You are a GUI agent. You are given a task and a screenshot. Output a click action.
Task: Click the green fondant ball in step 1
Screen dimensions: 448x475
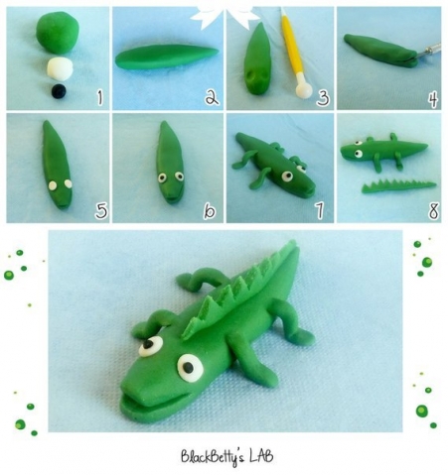pos(58,32)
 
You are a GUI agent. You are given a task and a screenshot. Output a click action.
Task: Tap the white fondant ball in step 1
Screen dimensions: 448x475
pos(60,68)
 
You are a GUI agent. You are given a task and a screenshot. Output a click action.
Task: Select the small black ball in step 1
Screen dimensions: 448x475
pos(59,91)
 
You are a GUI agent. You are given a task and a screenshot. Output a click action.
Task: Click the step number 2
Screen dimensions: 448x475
pos(212,97)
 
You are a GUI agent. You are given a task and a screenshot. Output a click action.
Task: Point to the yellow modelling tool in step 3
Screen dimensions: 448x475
pos(295,54)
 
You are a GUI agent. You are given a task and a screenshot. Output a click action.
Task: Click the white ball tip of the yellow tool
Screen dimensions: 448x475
pos(304,89)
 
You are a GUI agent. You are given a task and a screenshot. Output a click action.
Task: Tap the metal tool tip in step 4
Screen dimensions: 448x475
pos(429,52)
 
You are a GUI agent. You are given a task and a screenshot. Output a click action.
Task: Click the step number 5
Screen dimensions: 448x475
pos(101,210)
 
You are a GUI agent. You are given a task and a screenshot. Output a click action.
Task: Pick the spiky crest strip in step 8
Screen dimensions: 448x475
pos(398,186)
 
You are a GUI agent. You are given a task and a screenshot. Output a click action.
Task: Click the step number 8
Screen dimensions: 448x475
pos(433,211)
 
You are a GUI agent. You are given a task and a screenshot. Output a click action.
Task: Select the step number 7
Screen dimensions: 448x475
pos(319,211)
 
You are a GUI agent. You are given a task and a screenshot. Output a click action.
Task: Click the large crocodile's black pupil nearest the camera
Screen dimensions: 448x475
pos(188,367)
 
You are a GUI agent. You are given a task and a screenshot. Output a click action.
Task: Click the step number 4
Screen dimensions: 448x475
pos(433,100)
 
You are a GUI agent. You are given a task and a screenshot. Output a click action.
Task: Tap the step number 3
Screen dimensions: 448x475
pos(323,98)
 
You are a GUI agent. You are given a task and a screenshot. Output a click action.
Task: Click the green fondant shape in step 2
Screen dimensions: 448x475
pos(167,57)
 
